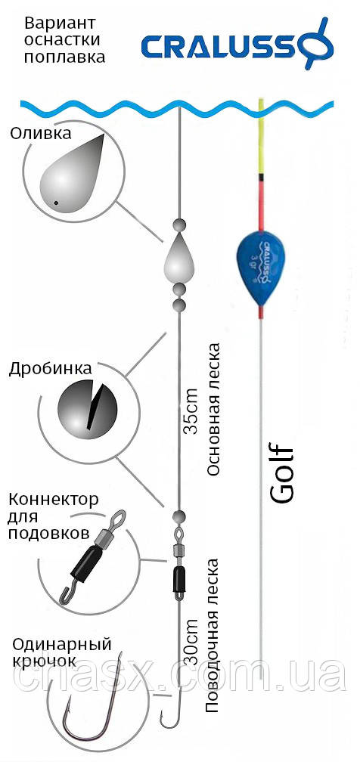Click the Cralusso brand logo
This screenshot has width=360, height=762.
pos(237,44)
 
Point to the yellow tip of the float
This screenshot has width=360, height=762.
pos(261,137)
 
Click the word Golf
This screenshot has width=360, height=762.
pos(281,473)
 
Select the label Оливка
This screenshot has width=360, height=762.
pos(40,133)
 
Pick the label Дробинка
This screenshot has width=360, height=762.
pos(50,369)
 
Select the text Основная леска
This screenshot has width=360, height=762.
pos(213,410)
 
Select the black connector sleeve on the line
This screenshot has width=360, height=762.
pos(178,579)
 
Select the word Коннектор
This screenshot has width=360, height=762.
pos(54,500)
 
